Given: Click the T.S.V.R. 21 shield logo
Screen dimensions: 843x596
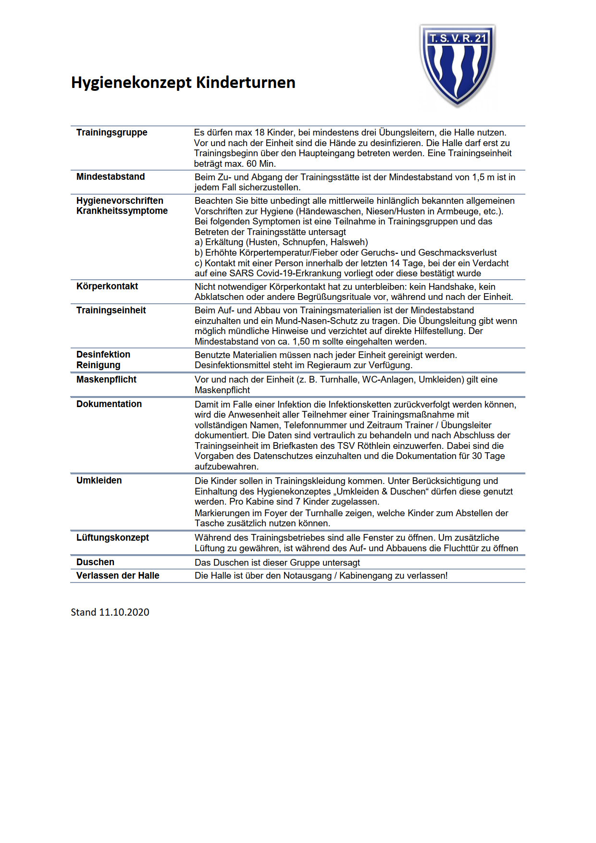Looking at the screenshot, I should click(457, 65).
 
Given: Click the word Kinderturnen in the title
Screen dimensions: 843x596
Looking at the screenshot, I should click(246, 82).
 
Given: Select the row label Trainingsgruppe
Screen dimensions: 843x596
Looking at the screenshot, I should click(112, 133).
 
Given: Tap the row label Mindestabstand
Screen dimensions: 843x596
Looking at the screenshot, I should click(111, 177).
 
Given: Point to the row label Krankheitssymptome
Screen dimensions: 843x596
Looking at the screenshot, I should click(122, 211).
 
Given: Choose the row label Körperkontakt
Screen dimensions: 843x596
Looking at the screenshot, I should click(107, 286).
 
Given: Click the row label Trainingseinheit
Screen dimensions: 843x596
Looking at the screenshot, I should click(111, 310).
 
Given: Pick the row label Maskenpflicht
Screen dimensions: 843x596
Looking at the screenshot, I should click(106, 380).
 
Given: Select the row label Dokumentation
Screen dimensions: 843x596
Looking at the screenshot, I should click(109, 404).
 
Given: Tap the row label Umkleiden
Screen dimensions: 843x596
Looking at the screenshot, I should click(99, 481).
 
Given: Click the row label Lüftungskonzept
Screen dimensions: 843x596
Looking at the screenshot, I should click(112, 538).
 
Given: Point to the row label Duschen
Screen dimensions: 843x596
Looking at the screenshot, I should click(95, 562).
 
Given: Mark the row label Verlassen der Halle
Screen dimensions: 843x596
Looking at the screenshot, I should click(118, 576).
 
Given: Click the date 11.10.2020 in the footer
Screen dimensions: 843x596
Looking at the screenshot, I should click(124, 612).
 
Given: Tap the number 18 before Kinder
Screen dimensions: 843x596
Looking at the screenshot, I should click(260, 133).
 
